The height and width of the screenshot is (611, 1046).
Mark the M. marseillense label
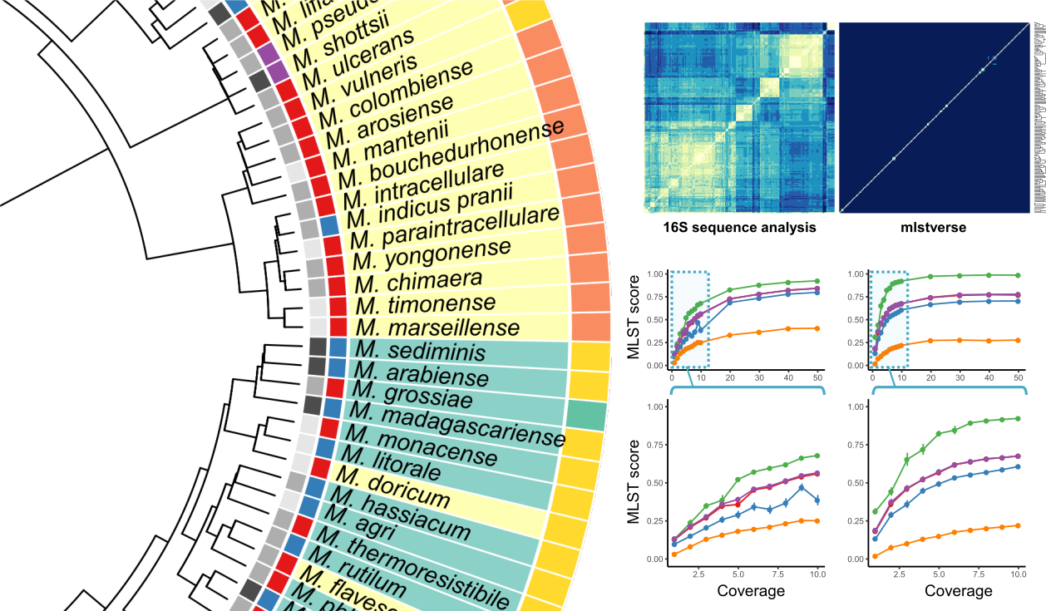tap(437, 327)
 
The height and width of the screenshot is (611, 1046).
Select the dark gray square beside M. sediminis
tap(317, 347)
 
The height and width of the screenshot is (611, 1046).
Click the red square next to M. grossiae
tap(334, 387)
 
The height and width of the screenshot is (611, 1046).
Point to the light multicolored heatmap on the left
tap(738, 118)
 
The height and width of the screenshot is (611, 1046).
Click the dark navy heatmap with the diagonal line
tap(935, 118)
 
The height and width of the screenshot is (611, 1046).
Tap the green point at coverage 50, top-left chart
tap(817, 281)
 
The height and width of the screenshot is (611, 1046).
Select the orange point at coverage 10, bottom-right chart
tap(1017, 525)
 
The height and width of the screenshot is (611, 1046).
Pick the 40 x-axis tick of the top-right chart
tap(989, 377)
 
